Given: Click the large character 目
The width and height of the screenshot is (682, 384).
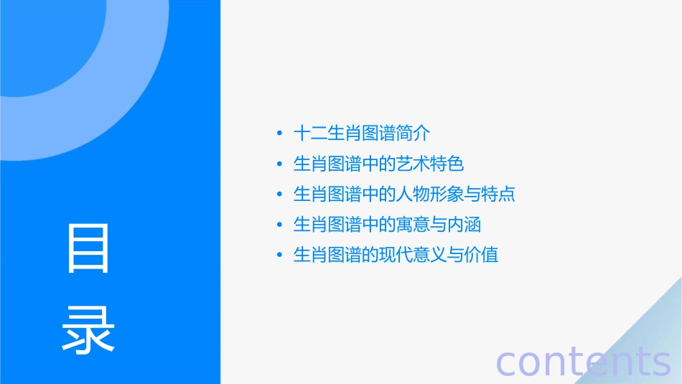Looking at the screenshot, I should point(88,248).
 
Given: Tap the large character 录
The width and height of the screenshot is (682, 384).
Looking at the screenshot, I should point(88,330).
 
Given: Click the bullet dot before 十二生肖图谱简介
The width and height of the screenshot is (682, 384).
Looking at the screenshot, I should point(279,134).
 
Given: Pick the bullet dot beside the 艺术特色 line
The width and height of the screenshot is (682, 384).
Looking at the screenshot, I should point(279,164).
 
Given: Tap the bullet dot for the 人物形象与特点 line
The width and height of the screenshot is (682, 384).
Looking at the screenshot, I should point(279,195).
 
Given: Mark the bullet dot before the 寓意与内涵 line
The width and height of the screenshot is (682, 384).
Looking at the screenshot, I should point(279,225).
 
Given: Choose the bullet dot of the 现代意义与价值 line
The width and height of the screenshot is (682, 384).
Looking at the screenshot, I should point(279,256).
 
